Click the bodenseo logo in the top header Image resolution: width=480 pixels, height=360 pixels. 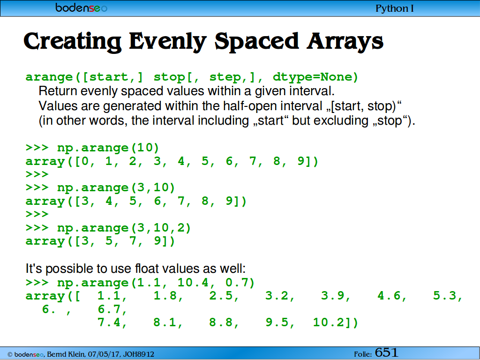(x=82, y=7)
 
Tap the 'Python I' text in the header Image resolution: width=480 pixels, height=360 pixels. (x=395, y=8)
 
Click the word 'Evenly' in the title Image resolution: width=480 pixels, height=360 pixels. (x=167, y=42)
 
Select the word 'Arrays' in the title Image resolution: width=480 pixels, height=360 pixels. (x=345, y=42)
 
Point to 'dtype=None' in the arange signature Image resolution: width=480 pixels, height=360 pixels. (x=315, y=76)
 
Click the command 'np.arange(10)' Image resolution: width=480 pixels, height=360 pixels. (x=108, y=148)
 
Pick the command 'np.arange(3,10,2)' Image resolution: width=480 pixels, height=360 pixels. (x=124, y=228)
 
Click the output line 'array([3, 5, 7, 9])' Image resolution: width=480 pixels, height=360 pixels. (x=100, y=241)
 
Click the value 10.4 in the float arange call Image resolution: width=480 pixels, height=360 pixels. (x=193, y=282)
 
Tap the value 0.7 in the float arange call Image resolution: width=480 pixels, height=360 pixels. (x=237, y=282)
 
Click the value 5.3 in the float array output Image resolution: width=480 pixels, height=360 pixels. (x=444, y=296)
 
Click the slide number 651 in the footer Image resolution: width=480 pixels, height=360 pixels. (x=386, y=352)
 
